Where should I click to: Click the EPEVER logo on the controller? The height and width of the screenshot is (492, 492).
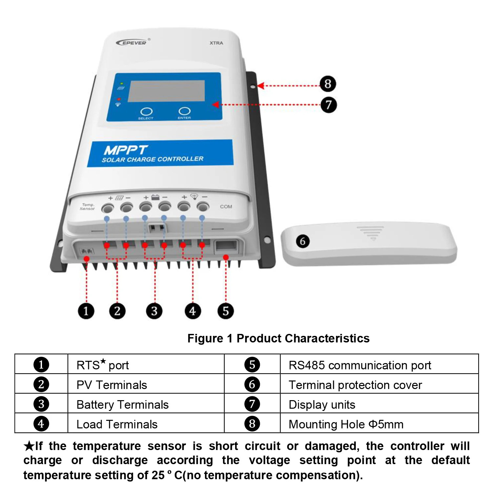[132, 42]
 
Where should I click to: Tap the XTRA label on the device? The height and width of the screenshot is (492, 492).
[216, 43]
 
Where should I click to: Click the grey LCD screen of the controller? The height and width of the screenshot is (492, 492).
[166, 91]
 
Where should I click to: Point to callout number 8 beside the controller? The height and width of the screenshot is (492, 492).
[328, 84]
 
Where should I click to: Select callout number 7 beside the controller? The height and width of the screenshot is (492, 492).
[329, 105]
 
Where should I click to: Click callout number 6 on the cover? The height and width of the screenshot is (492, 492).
[302, 241]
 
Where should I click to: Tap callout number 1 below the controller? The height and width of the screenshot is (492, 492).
[86, 311]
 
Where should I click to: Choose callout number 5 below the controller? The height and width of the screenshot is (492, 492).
[226, 311]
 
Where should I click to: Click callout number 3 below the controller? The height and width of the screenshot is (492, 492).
[154, 311]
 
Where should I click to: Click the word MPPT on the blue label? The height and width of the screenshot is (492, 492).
[126, 150]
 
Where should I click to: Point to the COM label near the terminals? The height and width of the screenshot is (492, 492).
[226, 207]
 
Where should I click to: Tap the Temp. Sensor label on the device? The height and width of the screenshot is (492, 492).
[87, 207]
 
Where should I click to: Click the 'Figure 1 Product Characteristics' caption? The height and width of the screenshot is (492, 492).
[278, 338]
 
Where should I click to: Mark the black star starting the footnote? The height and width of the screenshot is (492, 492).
[29, 446]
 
